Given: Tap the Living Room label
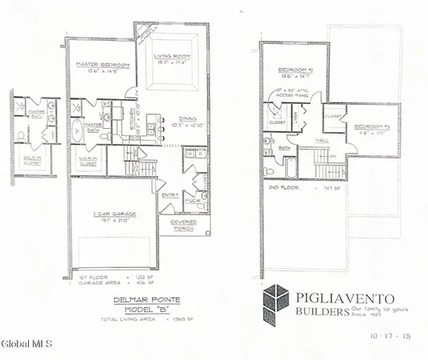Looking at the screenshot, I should (170, 55).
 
